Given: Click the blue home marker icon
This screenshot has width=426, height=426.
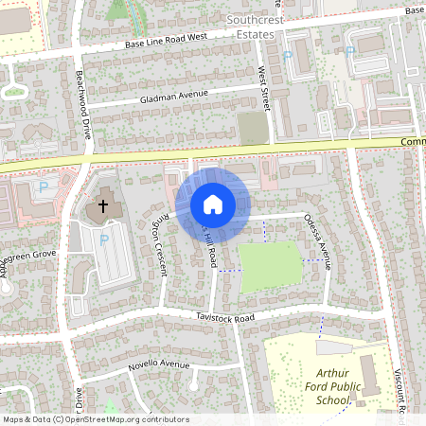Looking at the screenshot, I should tap(212, 204).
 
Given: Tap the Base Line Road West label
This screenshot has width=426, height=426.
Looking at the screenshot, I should tap(158, 44).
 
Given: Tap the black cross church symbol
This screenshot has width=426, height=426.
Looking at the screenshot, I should tap(104, 205).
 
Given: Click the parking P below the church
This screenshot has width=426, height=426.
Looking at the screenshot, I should tap(104, 240).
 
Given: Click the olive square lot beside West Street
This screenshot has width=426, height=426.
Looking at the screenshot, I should tap(252, 128).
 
